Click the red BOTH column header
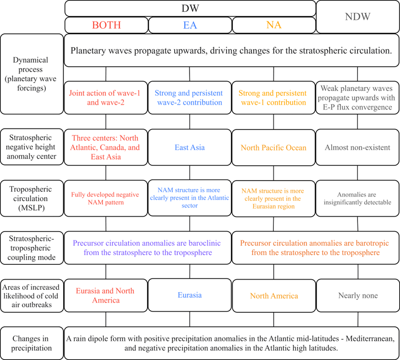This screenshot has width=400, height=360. (106, 25)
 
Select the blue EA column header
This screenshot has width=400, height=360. (190, 25)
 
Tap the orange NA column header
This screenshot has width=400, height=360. (273, 25)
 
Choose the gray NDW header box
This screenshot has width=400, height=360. (358, 17)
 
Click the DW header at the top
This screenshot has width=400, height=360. (190, 8)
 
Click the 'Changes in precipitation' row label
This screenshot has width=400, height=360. (32, 342)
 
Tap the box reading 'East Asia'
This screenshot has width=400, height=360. (190, 148)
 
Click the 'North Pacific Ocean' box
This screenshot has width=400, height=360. (273, 148)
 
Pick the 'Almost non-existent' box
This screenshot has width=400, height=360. (358, 148)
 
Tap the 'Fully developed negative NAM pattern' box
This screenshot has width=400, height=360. (106, 198)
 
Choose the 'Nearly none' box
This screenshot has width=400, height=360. (358, 296)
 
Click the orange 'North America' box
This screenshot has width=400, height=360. (273, 296)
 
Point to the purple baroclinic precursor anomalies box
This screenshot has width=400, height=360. (148, 248)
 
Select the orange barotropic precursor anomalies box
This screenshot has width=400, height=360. (315, 248)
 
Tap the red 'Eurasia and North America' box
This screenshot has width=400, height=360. (106, 295)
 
